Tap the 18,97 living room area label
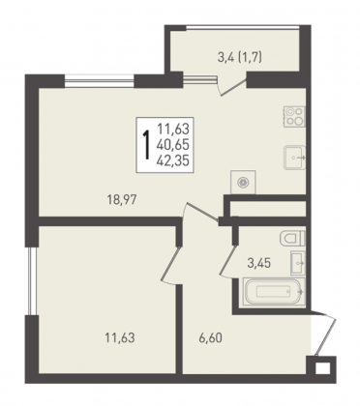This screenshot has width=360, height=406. pyautogui.click(x=122, y=200)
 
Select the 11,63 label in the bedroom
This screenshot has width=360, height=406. pyautogui.click(x=120, y=338)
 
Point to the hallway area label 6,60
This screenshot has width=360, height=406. pyautogui.click(x=210, y=338)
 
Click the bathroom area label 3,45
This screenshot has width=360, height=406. pyautogui.click(x=258, y=263)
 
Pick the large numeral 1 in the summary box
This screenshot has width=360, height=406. pyautogui.click(x=147, y=145)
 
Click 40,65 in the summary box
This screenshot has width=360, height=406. pyautogui.click(x=172, y=145)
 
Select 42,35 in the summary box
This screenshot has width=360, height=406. pyautogui.click(x=172, y=160)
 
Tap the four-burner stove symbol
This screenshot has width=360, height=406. pyautogui.click(x=294, y=116)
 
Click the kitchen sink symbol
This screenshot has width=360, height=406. pyautogui.click(x=294, y=158)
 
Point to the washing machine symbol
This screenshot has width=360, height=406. pyautogui.click(x=243, y=183)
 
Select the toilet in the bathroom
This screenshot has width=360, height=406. pyautogui.click(x=292, y=239)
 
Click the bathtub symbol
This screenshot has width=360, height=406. pyautogui.click(x=274, y=292)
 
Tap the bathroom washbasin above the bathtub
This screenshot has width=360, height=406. pyautogui.click(x=297, y=263)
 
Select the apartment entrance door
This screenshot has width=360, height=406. pyautogui.click(x=325, y=333)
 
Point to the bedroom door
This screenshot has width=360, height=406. pyautogui.click(x=170, y=263)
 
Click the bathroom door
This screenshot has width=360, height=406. pyautogui.click(x=228, y=261)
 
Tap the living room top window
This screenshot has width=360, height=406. pyautogui.click(x=100, y=80)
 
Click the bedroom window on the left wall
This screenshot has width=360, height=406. pyautogui.click(x=32, y=281)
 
